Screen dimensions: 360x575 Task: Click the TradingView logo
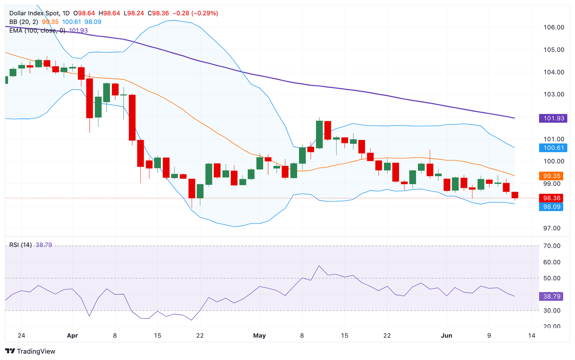tap(30, 351)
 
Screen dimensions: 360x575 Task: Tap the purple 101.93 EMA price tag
tap(553, 118)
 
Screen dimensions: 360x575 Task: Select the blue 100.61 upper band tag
tap(553, 148)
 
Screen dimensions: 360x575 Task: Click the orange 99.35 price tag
tap(551, 176)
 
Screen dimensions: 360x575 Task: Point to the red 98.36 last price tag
tap(551, 198)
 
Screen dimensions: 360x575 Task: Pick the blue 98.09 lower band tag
tap(551, 207)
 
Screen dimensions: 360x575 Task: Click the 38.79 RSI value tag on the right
tap(551, 296)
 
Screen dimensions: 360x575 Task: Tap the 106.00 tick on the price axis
tap(554, 27)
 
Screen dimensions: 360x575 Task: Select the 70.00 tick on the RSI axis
tap(551, 246)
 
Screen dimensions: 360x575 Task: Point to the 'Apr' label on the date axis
tap(72, 336)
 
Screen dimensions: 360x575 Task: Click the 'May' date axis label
tap(259, 336)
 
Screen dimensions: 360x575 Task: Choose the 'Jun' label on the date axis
tap(447, 336)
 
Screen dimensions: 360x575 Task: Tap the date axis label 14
tap(532, 336)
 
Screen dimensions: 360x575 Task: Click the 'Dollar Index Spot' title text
tap(34, 13)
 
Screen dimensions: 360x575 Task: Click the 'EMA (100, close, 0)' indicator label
tap(37, 30)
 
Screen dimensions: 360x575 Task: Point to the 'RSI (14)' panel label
tap(21, 245)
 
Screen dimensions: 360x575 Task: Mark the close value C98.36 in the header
tap(158, 13)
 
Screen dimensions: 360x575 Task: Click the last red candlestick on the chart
tap(515, 195)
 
